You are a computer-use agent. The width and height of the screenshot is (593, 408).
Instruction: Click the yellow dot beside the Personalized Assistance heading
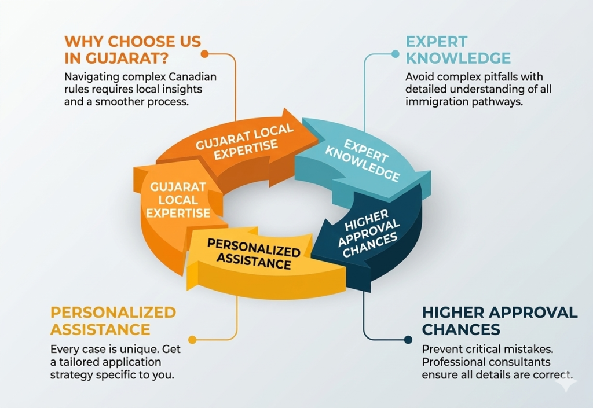[x=192, y=340]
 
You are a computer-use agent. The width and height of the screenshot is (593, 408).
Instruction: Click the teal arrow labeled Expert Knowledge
[x=359, y=156]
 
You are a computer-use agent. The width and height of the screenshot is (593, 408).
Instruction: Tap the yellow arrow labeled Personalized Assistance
[x=255, y=260]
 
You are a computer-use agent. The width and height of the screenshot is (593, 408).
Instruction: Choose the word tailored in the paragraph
[x=78, y=362]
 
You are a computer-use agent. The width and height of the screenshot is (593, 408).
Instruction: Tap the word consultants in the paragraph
[x=524, y=362]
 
